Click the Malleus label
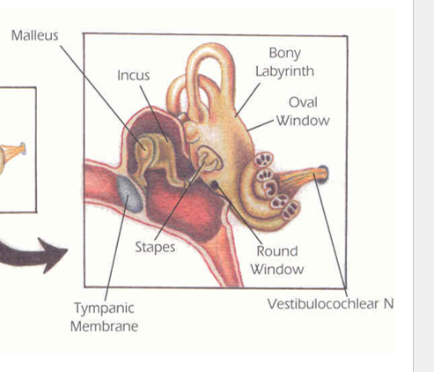35,35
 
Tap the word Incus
134,76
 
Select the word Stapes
155,248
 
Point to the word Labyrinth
284,71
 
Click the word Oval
303,102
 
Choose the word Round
277,251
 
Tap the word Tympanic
104,309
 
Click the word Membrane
105,326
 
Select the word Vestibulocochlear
323,304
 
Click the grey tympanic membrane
129,194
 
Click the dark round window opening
215,184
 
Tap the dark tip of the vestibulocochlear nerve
323,174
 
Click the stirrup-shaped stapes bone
209,160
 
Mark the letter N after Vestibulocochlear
388,304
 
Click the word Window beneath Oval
303,121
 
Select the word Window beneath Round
277,270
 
